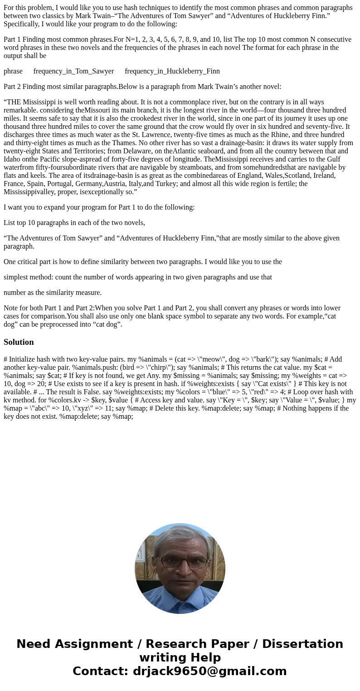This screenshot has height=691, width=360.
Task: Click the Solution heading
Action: tap(19, 342)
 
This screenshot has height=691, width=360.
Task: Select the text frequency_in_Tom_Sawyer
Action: tap(73, 71)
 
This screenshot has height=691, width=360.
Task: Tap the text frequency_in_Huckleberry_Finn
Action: tap(172, 71)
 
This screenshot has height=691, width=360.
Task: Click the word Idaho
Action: tap(12, 159)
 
